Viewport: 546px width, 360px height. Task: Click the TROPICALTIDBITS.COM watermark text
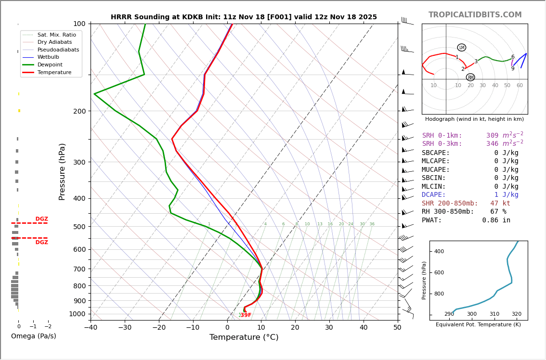(x=475, y=15)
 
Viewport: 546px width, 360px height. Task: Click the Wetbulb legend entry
(x=48, y=57)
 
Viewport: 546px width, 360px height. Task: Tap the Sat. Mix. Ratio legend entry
(x=56, y=35)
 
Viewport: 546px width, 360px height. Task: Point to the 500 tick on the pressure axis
(x=79, y=227)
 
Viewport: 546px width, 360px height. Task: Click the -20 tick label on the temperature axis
(x=159, y=328)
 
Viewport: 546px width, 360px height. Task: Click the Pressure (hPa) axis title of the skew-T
(x=62, y=171)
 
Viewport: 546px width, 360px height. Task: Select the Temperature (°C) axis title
(x=244, y=337)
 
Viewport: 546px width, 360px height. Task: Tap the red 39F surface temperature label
(x=246, y=315)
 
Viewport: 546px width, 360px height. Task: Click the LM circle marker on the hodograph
(x=461, y=48)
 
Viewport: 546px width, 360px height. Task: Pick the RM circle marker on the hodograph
(x=470, y=77)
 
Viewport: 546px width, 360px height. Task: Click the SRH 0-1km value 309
(x=492, y=136)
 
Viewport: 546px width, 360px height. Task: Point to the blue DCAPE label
(x=436, y=195)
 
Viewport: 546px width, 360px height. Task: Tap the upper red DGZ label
(x=41, y=219)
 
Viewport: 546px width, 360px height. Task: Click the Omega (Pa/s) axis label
(x=33, y=336)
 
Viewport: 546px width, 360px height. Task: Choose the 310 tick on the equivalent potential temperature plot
(x=494, y=314)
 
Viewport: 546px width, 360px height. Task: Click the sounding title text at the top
(x=244, y=17)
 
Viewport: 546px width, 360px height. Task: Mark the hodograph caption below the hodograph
(x=474, y=119)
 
